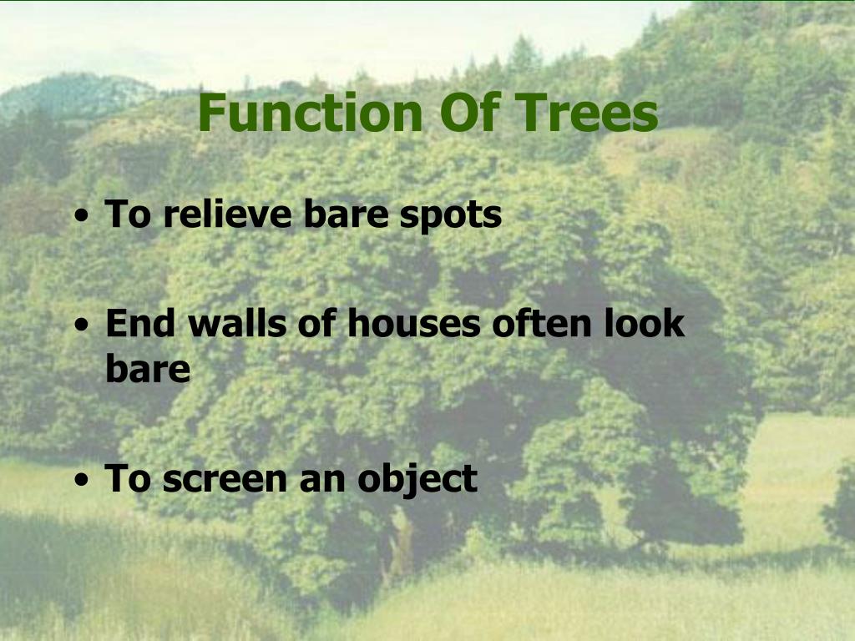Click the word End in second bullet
(x=139, y=323)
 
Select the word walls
(x=229, y=323)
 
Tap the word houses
(x=414, y=323)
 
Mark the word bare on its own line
(x=148, y=369)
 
